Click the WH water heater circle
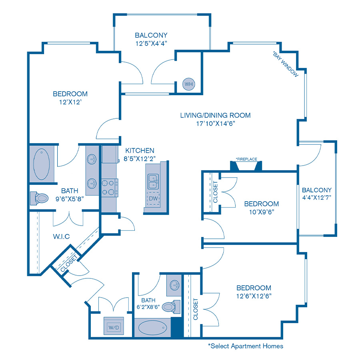point(188,84)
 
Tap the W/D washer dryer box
point(114,327)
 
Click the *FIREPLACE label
point(246,159)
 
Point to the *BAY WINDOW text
point(286,64)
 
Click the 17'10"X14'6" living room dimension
point(215,124)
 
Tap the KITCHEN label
point(140,150)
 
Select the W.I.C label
point(61,236)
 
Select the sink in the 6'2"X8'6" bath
point(174,285)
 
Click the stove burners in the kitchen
point(110,188)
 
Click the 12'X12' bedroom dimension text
point(70,102)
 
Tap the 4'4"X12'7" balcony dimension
point(316,198)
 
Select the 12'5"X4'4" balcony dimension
point(151,43)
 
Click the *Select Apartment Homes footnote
point(245,346)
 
